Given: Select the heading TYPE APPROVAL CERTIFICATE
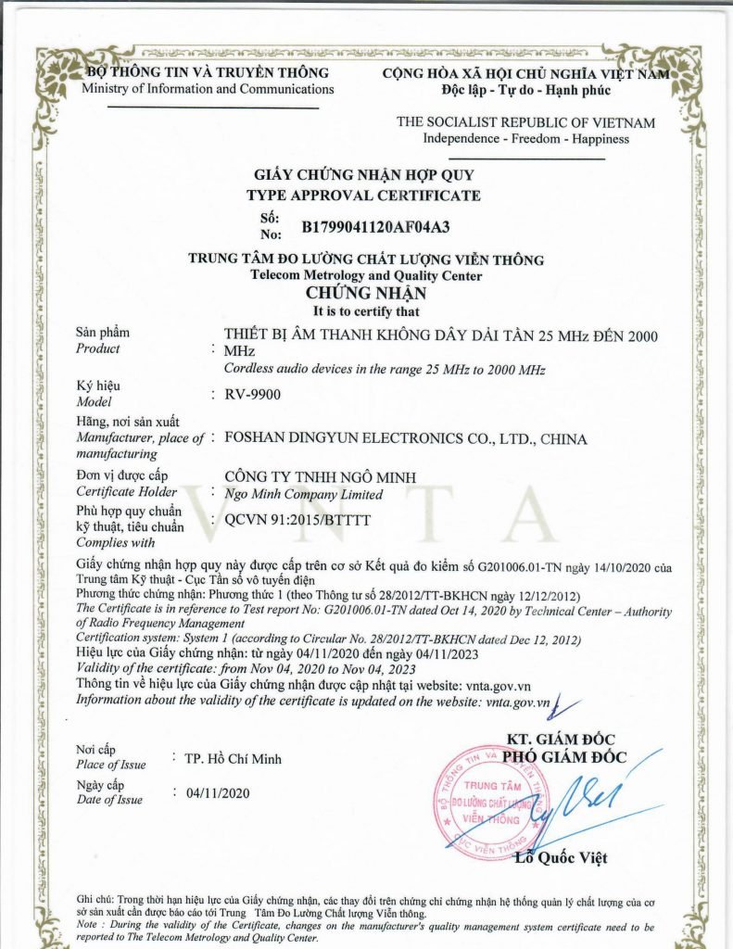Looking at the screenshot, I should [x=363, y=196].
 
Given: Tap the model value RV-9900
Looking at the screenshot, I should [x=252, y=394].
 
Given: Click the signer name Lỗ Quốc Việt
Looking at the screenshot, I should [x=562, y=857].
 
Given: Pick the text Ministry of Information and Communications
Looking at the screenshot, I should [x=208, y=89].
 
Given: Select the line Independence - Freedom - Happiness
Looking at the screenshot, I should [x=525, y=139].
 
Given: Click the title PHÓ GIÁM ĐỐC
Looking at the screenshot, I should [x=566, y=756].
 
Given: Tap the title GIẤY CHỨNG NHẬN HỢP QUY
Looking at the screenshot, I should [x=363, y=175].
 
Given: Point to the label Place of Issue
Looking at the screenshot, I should [x=110, y=765].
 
